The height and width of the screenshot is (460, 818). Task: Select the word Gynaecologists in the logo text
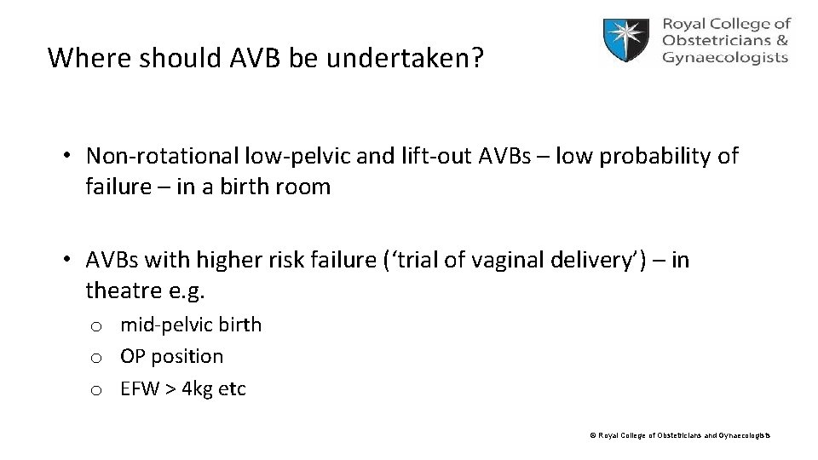click(725, 58)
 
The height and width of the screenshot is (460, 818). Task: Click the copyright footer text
click(680, 436)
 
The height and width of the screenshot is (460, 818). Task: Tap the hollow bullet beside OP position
click(97, 357)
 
